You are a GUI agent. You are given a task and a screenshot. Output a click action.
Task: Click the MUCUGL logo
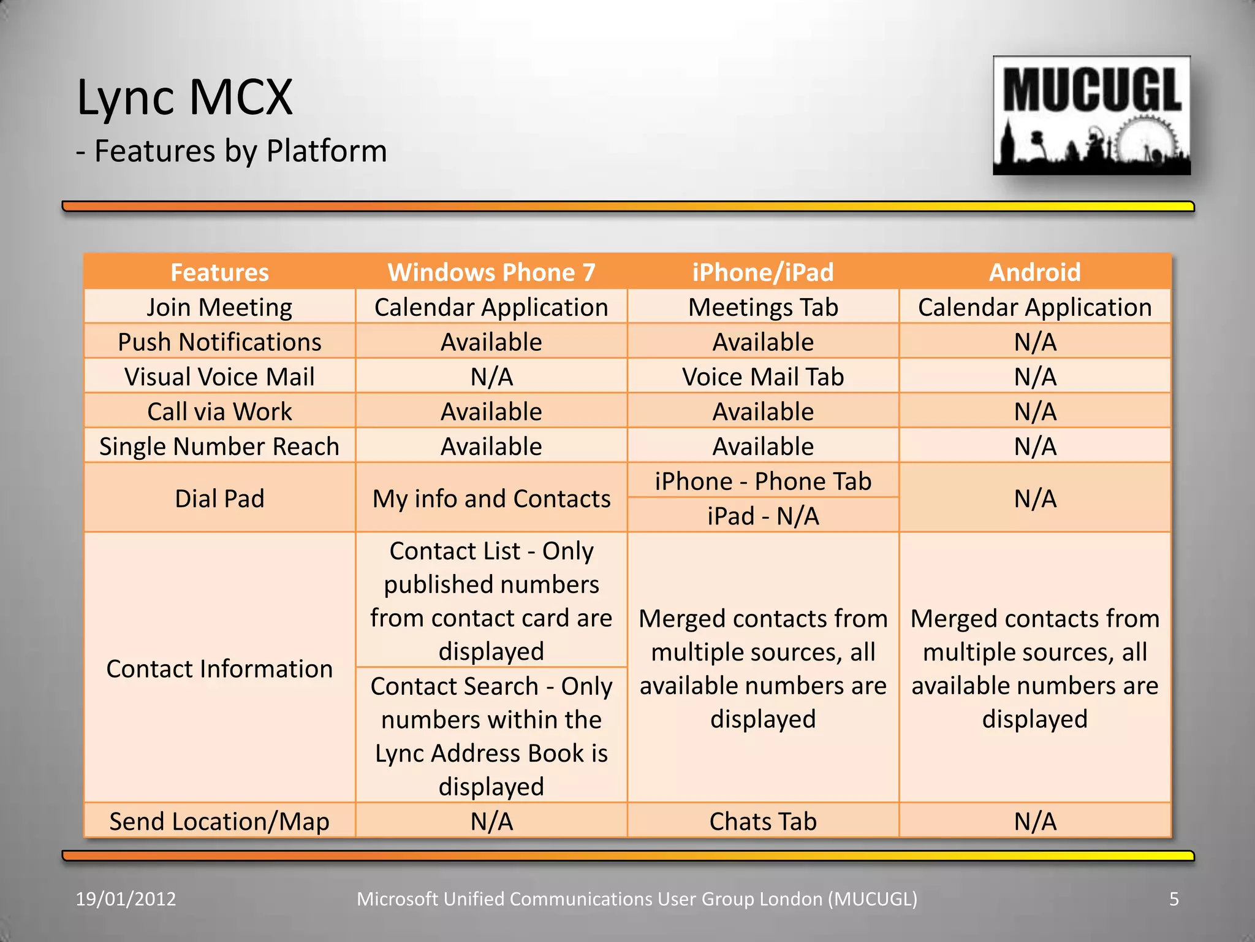pyautogui.click(x=1091, y=115)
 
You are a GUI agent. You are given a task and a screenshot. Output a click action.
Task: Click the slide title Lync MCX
pyautogui.click(x=184, y=98)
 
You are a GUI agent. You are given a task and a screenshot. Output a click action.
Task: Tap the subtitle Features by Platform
pyautogui.click(x=232, y=151)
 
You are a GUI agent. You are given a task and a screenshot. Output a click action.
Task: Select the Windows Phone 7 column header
pyautogui.click(x=491, y=272)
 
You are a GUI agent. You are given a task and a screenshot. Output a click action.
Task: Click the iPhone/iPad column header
pyautogui.click(x=763, y=272)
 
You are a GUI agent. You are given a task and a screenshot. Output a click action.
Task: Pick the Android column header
pyautogui.click(x=1034, y=272)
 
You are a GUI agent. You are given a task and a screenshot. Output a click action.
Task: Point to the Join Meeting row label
pyautogui.click(x=219, y=307)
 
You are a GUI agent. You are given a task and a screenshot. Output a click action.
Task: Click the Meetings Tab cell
pyautogui.click(x=763, y=307)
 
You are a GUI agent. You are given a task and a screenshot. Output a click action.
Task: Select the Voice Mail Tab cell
pyautogui.click(x=763, y=377)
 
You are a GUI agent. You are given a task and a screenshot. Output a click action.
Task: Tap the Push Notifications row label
pyautogui.click(x=219, y=342)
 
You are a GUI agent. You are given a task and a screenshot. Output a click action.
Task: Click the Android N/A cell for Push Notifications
pyautogui.click(x=1034, y=342)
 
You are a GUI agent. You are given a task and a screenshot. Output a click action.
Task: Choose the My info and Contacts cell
pyautogui.click(x=491, y=499)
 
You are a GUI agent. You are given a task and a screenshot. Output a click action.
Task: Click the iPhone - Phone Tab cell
pyautogui.click(x=763, y=481)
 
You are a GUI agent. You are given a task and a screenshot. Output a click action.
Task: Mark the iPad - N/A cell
pyautogui.click(x=763, y=516)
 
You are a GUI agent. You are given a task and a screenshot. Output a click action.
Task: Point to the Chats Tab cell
pyautogui.click(x=763, y=821)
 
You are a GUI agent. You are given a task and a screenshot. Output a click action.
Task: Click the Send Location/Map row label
pyautogui.click(x=219, y=821)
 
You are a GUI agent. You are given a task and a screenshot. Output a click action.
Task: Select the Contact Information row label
pyautogui.click(x=219, y=668)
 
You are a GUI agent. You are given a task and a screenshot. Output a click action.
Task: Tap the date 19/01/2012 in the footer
pyautogui.click(x=126, y=899)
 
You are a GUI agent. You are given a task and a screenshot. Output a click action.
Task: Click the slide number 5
pyautogui.click(x=1173, y=899)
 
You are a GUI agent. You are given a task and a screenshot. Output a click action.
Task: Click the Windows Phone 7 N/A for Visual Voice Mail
pyautogui.click(x=491, y=377)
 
